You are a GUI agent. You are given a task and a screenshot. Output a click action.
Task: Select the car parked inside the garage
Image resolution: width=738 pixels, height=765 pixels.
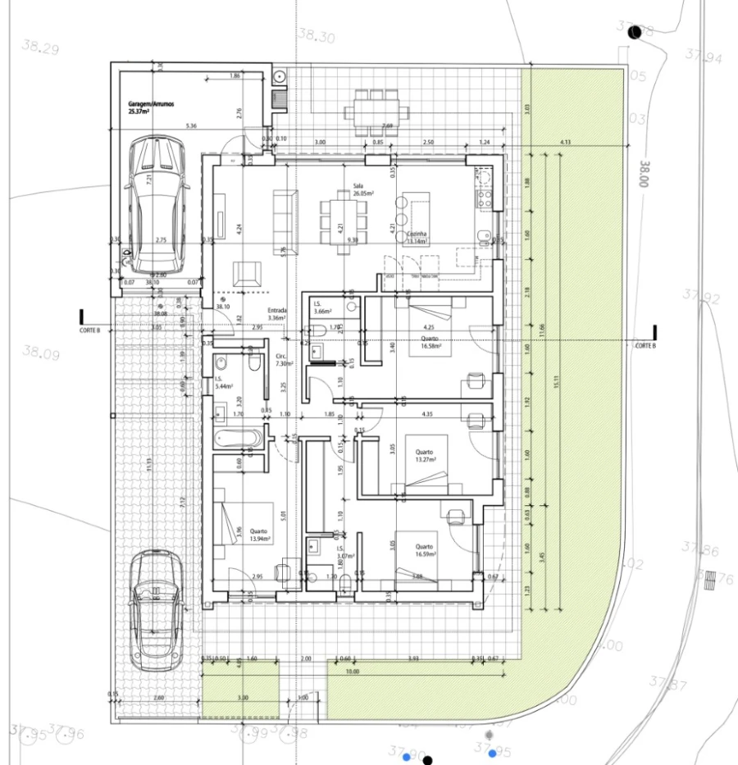coord(157,204)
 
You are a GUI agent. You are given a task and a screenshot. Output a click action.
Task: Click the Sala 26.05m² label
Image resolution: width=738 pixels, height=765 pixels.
coord(362,189)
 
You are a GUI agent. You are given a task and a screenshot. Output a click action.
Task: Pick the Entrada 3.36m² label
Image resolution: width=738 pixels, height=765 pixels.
coord(277,315)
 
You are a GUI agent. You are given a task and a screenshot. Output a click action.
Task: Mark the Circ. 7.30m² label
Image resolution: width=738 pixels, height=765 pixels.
coord(280,360)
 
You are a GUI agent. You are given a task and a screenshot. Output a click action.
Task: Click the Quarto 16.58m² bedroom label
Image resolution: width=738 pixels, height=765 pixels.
coord(430,342)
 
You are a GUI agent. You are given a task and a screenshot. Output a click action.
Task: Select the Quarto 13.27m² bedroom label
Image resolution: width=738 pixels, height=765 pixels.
coord(425,456)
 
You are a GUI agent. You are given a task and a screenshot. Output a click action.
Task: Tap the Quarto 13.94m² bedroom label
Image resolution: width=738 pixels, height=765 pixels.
coord(259,535)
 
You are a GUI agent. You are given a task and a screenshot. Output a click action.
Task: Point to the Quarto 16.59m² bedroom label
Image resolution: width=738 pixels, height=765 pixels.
coord(425,550)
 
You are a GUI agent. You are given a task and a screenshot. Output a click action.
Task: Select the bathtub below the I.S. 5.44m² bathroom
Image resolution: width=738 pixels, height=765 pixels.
coord(239,438)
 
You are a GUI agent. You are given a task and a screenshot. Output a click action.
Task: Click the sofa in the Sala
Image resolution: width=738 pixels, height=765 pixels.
coord(285,215)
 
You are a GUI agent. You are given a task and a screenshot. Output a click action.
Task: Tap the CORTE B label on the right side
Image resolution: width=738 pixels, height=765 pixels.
coord(645,346)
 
